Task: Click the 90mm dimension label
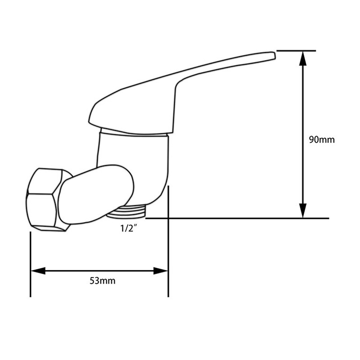click(322, 139)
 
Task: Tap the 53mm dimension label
click(103, 281)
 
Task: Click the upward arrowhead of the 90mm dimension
click(303, 58)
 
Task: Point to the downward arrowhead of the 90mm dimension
click(303, 211)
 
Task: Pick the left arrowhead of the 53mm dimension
click(38, 271)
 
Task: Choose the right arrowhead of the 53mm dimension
click(161, 271)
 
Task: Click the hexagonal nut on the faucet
click(46, 200)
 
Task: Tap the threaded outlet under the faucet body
click(126, 211)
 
